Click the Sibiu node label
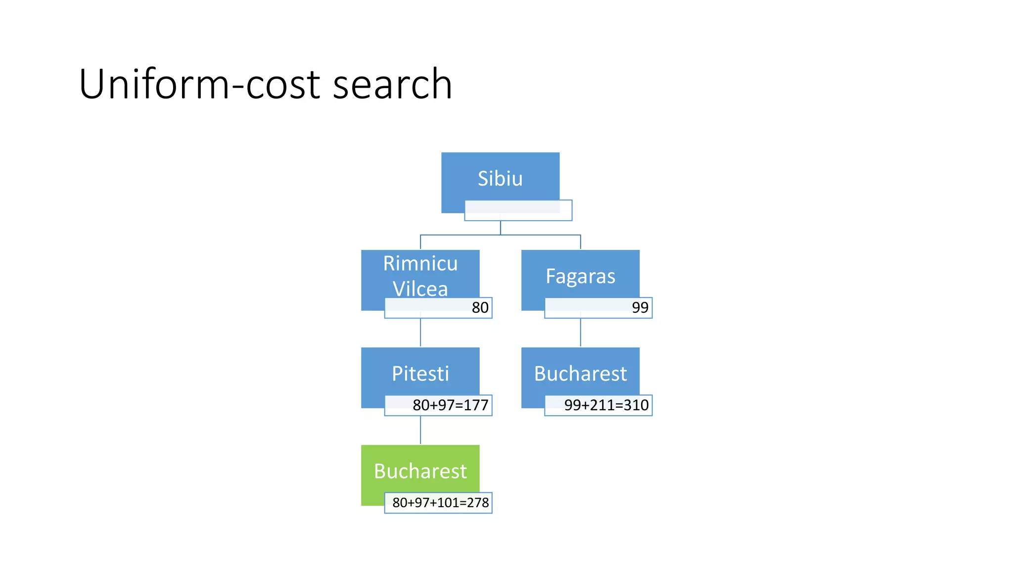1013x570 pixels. click(500, 179)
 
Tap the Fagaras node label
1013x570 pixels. click(580, 276)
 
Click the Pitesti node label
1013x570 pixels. click(420, 374)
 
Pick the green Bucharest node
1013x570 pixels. click(420, 471)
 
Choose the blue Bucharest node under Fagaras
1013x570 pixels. click(580, 374)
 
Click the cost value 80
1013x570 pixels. click(480, 308)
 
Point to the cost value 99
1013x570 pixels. click(640, 308)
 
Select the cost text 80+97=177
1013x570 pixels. click(450, 405)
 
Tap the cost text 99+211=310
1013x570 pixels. click(606, 405)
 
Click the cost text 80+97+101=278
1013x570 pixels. click(440, 503)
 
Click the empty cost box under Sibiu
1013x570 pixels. click(518, 211)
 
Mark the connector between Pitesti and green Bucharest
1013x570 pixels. click(420, 430)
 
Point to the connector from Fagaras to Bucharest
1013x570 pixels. click(580, 332)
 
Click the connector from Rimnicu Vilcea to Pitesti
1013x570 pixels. click(420, 332)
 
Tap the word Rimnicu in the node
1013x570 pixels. click(420, 263)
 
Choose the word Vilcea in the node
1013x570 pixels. click(420, 289)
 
